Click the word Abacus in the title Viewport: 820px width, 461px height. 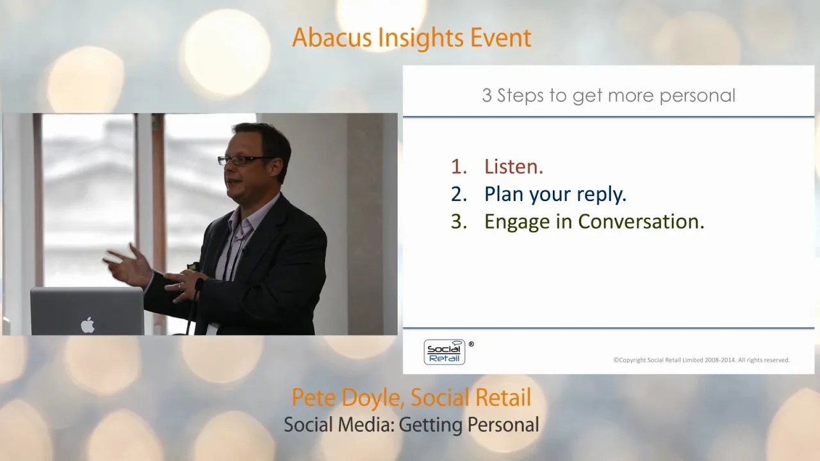pyautogui.click(x=332, y=38)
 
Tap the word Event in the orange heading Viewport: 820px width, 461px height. pyautogui.click(x=500, y=38)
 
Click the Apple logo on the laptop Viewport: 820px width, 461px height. pyautogui.click(x=88, y=325)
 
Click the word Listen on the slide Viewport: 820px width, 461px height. pyautogui.click(x=514, y=166)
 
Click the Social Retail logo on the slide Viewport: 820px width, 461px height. pyautogui.click(x=445, y=352)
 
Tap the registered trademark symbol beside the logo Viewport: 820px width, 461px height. pyautogui.click(x=471, y=344)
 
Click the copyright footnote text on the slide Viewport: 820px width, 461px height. pyautogui.click(x=701, y=360)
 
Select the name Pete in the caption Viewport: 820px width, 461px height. pyautogui.click(x=313, y=398)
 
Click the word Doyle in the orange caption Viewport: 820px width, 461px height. pyautogui.click(x=373, y=398)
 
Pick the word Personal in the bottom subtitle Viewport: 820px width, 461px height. pyautogui.click(x=504, y=425)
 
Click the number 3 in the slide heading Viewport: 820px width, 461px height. pyautogui.click(x=486, y=95)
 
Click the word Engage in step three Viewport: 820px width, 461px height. pyautogui.click(x=517, y=222)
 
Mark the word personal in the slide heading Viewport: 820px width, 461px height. pyautogui.click(x=698, y=96)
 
